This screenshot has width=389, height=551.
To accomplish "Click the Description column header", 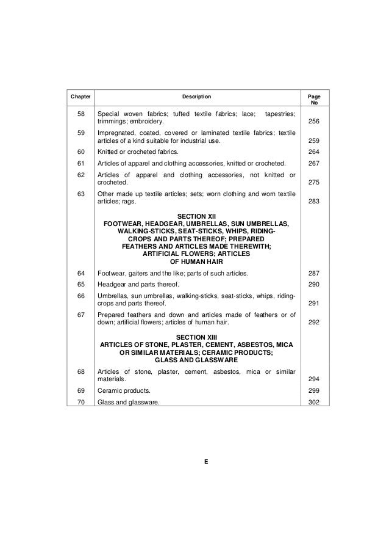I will point(196,97).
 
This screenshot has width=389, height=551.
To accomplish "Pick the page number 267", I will point(315,163).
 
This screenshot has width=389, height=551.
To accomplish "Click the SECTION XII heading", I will point(196,216).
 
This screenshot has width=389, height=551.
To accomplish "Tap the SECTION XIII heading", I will point(196,337).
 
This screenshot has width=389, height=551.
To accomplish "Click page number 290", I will point(315,285).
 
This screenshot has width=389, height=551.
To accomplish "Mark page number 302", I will point(315,401).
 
